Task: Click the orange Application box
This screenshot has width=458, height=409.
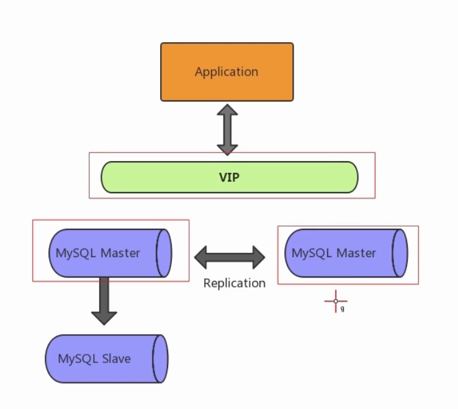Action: pyautogui.click(x=227, y=72)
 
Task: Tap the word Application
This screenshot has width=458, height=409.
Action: pyautogui.click(x=227, y=72)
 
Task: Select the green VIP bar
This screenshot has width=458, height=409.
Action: pyautogui.click(x=230, y=177)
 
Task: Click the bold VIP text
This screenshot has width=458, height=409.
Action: pyautogui.click(x=229, y=177)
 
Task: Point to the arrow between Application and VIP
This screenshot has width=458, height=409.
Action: pyautogui.click(x=227, y=130)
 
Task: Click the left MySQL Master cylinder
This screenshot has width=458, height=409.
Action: pyautogui.click(x=110, y=253)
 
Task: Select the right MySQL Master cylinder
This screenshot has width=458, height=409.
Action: pyautogui.click(x=346, y=253)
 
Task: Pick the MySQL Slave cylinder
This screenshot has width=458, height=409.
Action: pyautogui.click(x=107, y=359)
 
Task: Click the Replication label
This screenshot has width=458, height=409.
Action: pyautogui.click(x=234, y=283)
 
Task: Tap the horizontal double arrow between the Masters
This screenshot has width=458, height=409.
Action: pyautogui.click(x=230, y=257)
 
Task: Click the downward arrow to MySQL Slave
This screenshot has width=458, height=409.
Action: pyautogui.click(x=104, y=301)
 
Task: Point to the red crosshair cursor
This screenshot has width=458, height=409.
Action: pyautogui.click(x=336, y=301)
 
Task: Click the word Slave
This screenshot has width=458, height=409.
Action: pyautogui.click(x=116, y=359)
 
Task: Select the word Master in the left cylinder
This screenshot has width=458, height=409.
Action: pyautogui.click(x=120, y=253)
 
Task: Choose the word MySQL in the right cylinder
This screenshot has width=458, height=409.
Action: pyautogui.click(x=312, y=253)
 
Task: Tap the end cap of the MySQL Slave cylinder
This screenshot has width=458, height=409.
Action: pyautogui.click(x=160, y=359)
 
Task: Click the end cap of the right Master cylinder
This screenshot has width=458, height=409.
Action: pyautogui.click(x=400, y=253)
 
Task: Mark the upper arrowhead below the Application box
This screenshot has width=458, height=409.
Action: pyautogui.click(x=227, y=110)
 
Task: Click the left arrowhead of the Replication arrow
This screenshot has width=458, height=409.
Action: pyautogui.click(x=200, y=257)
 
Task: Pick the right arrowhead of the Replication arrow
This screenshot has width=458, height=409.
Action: pyautogui.click(x=259, y=257)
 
